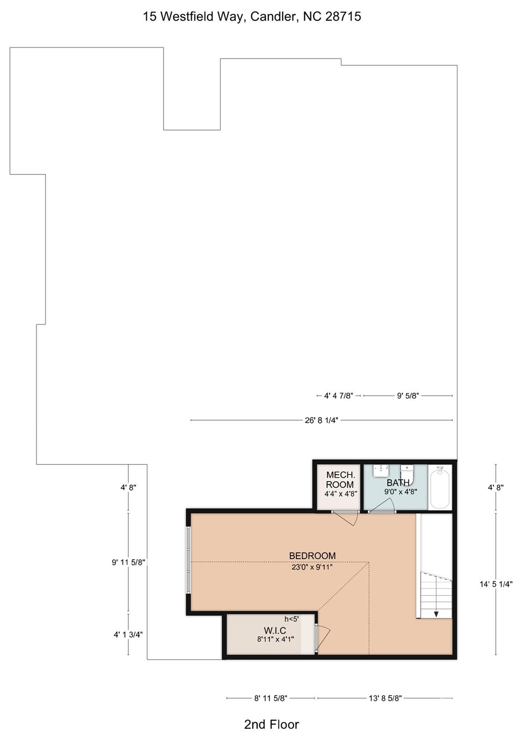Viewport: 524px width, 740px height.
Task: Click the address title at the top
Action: point(252,16)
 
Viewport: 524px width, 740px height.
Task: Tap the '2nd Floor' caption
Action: point(271,725)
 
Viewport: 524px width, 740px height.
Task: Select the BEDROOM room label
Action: point(312,555)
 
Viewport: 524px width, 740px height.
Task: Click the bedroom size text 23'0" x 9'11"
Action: point(312,567)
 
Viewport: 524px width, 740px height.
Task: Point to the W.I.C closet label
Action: point(275,631)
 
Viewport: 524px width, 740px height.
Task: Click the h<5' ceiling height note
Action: point(291,619)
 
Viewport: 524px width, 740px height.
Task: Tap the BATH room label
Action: point(398,482)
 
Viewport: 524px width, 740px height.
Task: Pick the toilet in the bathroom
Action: point(408,470)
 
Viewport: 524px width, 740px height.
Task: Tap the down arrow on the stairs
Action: point(436,614)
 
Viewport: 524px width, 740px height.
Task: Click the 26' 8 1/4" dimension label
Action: point(321,420)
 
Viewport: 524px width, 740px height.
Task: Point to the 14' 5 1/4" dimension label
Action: point(496,584)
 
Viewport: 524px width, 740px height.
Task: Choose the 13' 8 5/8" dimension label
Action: point(385,698)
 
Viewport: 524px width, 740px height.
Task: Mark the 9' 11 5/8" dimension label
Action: point(128,562)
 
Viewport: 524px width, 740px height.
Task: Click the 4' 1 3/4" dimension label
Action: point(128,635)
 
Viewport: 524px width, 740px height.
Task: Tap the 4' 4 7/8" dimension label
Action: point(339,396)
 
